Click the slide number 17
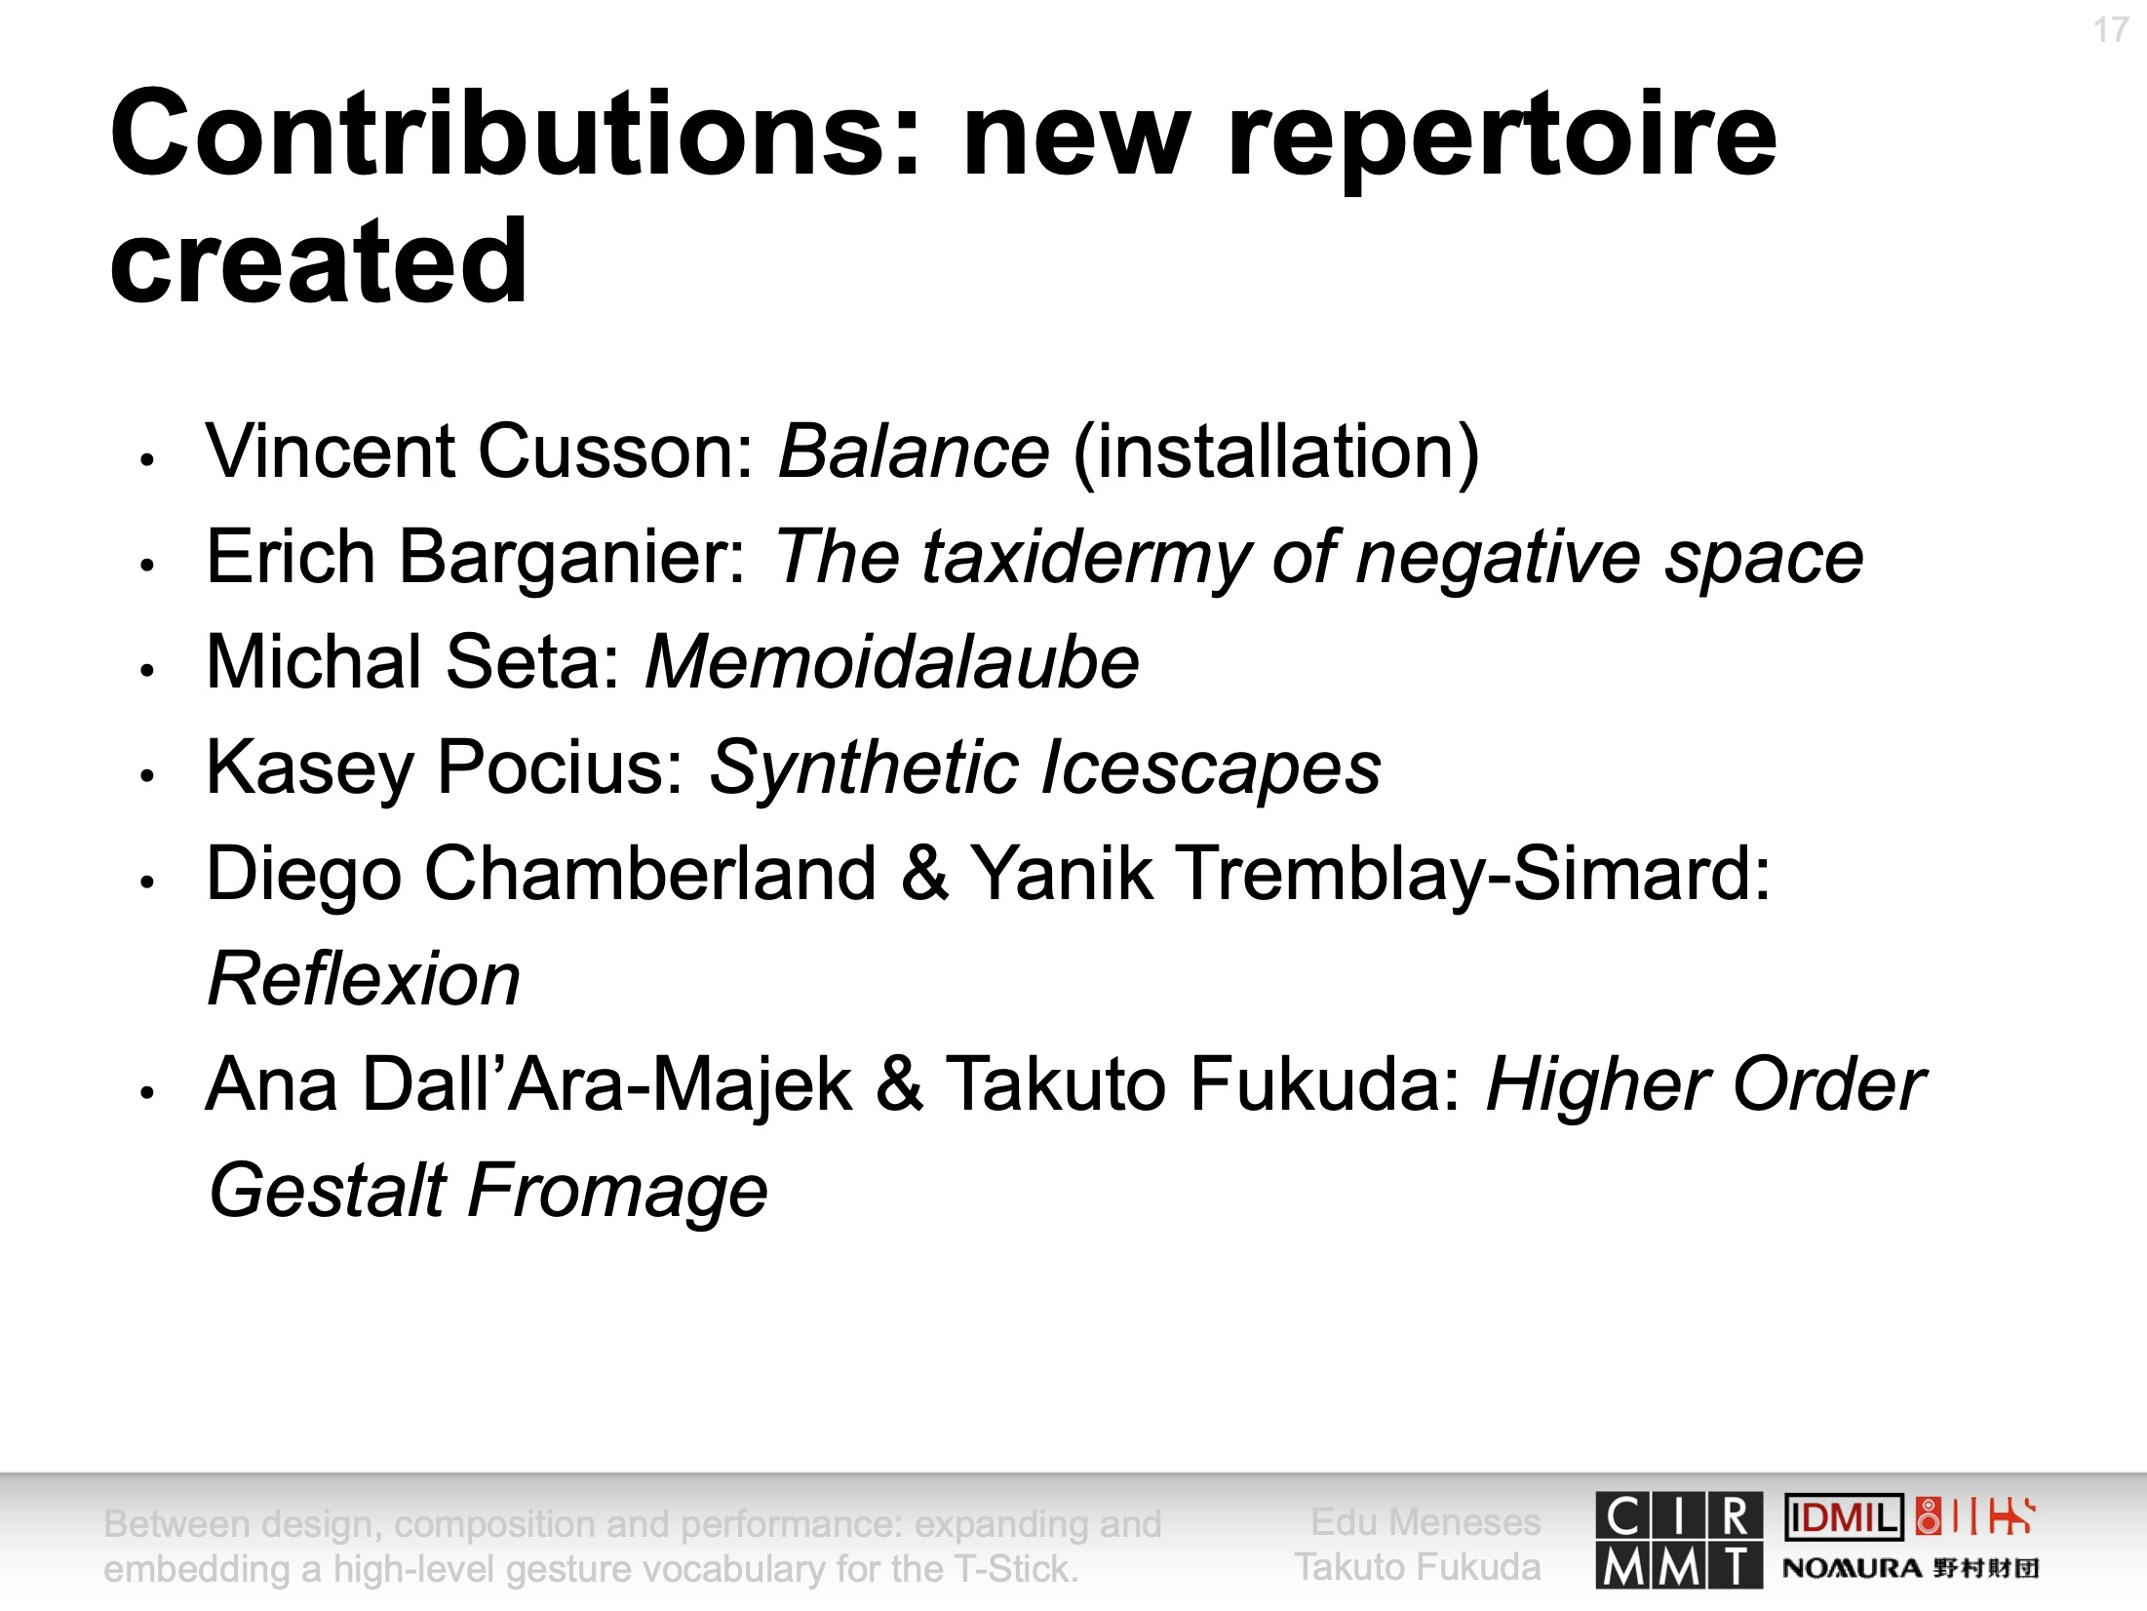2110,30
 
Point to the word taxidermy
1085,560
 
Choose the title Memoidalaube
892,662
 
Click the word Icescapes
1211,768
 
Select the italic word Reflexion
365,978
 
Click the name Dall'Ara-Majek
609,1084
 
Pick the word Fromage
618,1192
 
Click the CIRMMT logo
1679,1541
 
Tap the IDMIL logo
1843,1517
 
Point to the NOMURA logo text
1852,1568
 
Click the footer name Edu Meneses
1425,1522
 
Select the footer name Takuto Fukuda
1418,1567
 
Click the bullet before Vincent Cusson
147,459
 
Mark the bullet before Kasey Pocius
147,776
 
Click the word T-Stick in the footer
1015,1569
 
